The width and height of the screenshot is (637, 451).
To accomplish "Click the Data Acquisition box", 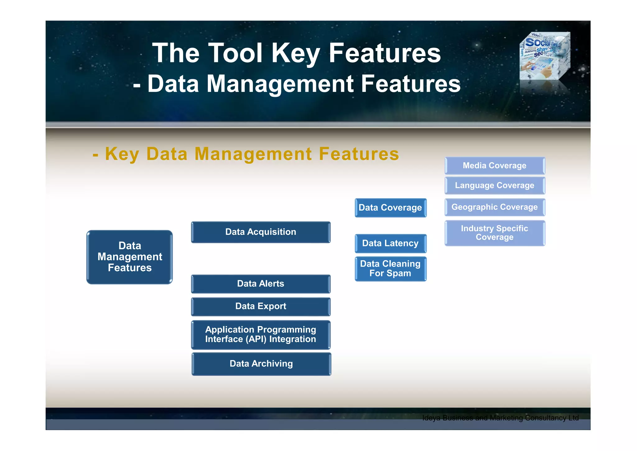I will [261, 232].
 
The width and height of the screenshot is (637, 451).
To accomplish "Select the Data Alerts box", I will [261, 284].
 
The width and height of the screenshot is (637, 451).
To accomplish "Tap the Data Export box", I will [261, 306].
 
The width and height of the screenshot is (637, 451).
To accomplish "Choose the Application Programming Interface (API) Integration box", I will [261, 335].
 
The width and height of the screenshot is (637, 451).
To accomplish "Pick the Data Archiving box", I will [261, 364].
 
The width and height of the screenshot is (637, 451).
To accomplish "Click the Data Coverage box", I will [390, 208].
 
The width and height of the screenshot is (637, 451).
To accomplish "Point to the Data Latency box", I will [390, 243].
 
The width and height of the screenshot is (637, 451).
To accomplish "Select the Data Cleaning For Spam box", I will [390, 268].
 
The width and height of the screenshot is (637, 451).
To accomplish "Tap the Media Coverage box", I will [495, 166].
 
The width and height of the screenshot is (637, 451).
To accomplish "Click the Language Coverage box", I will [495, 186].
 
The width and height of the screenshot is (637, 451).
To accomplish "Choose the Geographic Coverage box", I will [495, 207].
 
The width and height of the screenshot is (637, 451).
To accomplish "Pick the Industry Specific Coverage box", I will [495, 233].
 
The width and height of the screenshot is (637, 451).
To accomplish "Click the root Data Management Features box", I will [130, 257].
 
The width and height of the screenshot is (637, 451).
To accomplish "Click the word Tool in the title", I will [235, 53].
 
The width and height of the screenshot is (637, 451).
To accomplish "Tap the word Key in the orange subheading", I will [122, 154].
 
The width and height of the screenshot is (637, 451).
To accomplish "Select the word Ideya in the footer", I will [431, 418].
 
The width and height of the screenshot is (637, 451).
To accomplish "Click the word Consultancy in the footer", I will [545, 418].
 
